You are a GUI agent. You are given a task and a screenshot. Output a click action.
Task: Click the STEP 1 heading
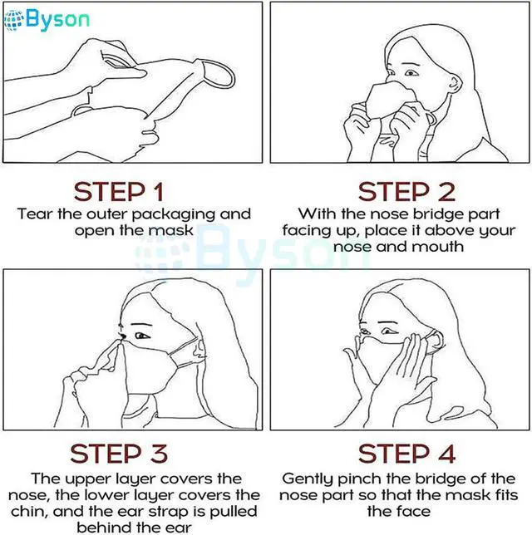(119, 192)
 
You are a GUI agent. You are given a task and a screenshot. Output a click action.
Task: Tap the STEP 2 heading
(406, 192)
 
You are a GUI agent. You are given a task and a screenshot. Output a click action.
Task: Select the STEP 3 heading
(119, 454)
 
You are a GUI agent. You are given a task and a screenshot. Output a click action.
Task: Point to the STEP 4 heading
(406, 454)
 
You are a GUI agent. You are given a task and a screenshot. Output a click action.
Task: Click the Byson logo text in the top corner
(57, 19)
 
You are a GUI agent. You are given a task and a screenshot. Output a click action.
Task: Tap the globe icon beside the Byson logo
(13, 20)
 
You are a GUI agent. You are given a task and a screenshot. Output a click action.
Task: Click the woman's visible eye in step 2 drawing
(411, 72)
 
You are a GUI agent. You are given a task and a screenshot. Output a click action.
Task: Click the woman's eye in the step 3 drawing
(141, 336)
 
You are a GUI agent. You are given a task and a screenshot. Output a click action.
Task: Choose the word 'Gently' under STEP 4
(308, 479)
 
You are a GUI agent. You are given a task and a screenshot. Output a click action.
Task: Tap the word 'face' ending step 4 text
(416, 512)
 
